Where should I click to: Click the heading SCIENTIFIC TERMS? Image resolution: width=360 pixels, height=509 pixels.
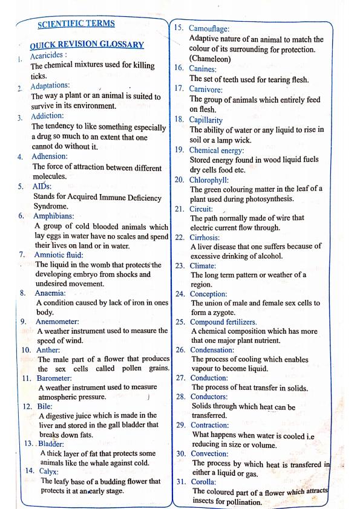(76, 24)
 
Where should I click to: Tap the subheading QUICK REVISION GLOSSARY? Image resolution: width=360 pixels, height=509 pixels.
(87, 45)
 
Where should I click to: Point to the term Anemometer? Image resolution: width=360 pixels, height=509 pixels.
(57, 321)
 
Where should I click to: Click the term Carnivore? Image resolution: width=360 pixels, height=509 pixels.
(209, 88)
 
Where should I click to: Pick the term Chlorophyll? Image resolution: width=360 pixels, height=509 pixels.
(212, 180)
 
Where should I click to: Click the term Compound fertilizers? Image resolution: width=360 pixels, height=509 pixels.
(224, 322)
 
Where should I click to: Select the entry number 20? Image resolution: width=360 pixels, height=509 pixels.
(180, 180)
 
